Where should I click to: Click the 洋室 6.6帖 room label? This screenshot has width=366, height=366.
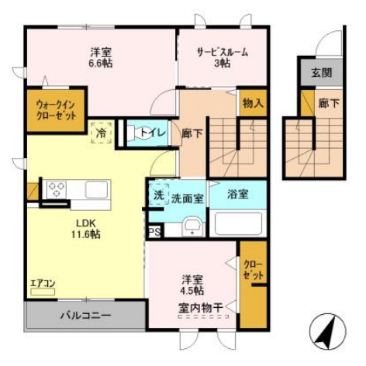pyautogui.click(x=101, y=58)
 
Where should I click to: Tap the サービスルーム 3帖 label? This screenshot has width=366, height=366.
pyautogui.click(x=223, y=58)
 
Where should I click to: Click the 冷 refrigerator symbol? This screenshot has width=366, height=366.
pyautogui.click(x=102, y=133)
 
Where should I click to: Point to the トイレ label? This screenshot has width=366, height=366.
pyautogui.click(x=151, y=132)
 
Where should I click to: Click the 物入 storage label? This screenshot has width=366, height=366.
pyautogui.click(x=252, y=102)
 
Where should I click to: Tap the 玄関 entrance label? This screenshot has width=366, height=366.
pyautogui.click(x=323, y=74)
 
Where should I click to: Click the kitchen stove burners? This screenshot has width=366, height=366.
pyautogui.click(x=57, y=188)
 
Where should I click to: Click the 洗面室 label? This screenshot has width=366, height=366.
pyautogui.click(x=188, y=199)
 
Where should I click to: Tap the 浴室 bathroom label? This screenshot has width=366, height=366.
pyautogui.click(x=238, y=194)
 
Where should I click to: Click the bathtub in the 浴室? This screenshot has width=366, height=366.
pyautogui.click(x=239, y=225)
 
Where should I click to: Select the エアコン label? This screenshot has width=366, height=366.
pyautogui.click(x=42, y=284)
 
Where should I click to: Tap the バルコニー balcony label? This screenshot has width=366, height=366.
pyautogui.click(x=85, y=316)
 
